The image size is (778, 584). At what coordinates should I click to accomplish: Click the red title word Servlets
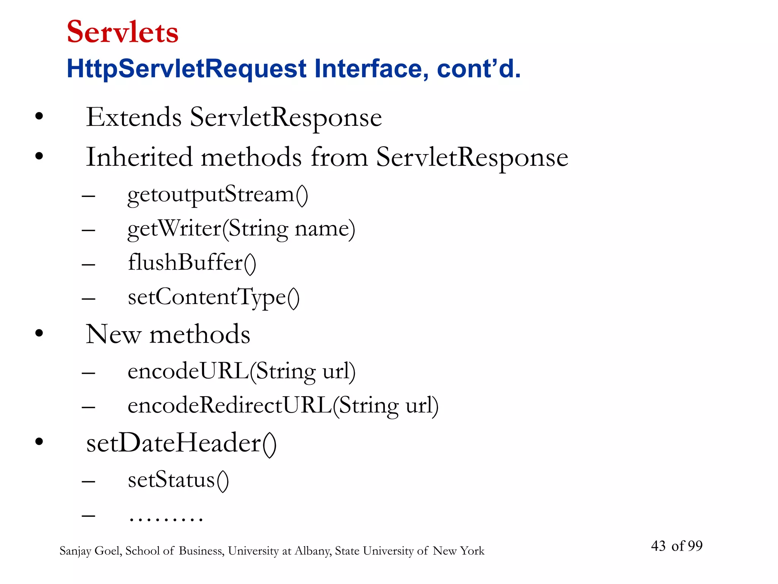pos(122,32)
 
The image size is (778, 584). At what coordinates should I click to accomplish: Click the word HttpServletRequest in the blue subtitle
pos(186,69)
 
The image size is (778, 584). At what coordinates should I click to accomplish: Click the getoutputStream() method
pos(217,195)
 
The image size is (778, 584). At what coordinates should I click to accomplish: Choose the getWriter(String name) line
pos(241,229)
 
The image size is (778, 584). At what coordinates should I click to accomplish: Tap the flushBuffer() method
pos(192,263)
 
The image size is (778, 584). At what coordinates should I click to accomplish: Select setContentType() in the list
pos(213,297)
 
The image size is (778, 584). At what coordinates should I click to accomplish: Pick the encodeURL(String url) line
pos(241,371)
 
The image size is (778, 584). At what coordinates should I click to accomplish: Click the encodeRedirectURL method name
pos(230,405)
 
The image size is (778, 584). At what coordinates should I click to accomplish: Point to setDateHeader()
pos(181,443)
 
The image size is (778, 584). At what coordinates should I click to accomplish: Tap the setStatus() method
pos(178,480)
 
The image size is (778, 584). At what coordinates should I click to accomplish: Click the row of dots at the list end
pos(166,519)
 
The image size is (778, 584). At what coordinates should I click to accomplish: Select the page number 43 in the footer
pos(658,546)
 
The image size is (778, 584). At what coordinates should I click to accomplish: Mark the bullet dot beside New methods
pos(39,333)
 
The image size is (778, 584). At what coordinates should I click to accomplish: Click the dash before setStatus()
pos(88,481)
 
